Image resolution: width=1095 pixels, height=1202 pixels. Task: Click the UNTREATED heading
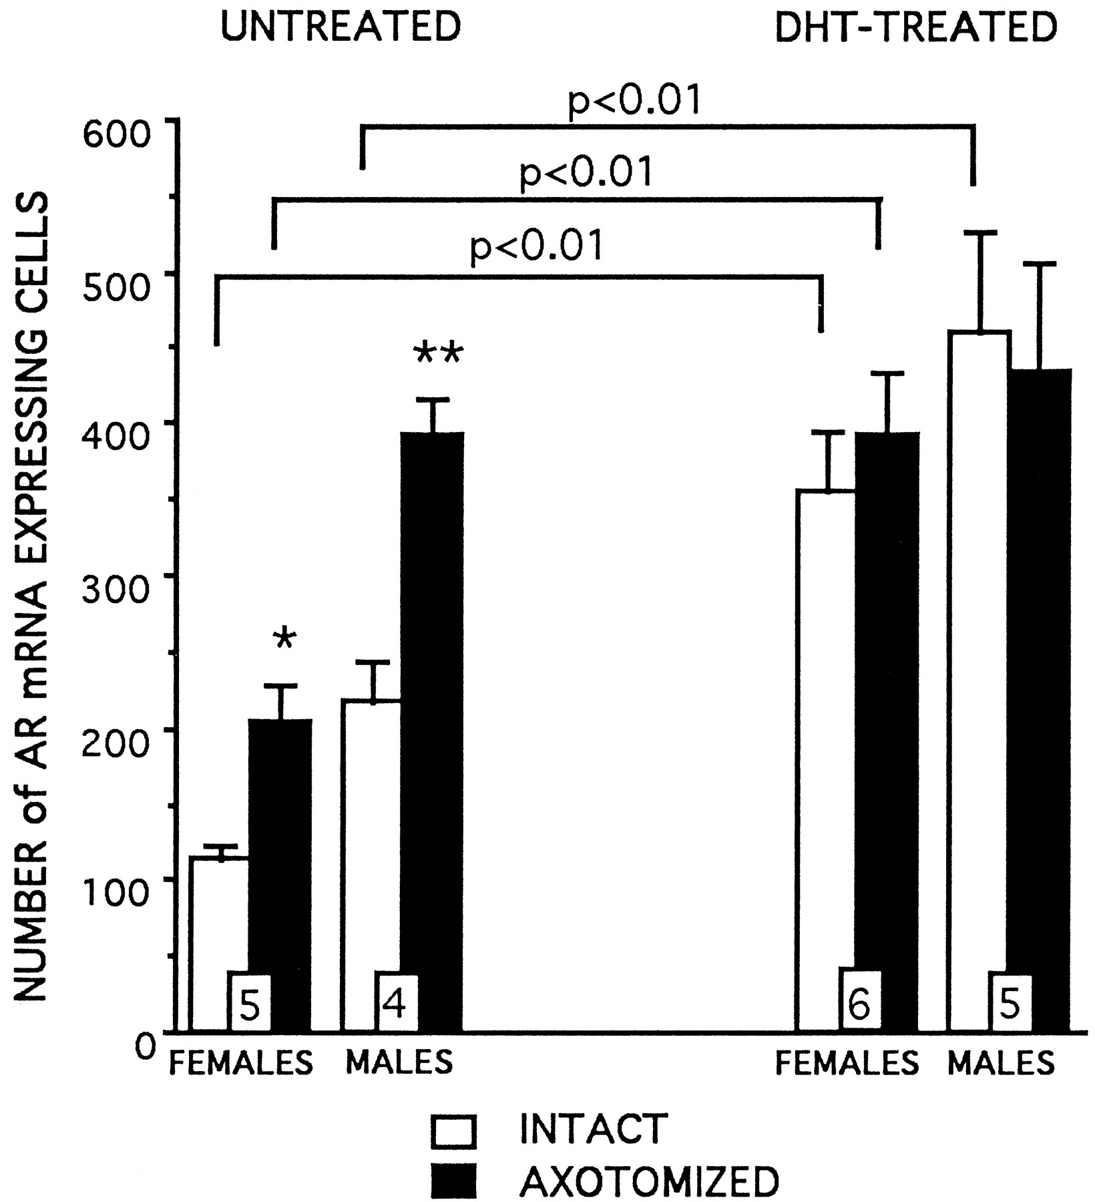[341, 27]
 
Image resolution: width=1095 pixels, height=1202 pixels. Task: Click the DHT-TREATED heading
[916, 27]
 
